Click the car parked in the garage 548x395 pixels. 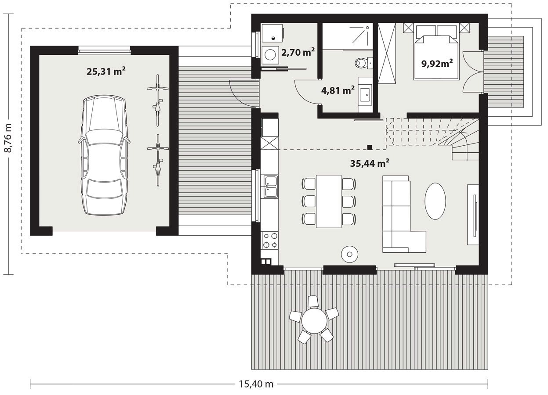click(x=104, y=155)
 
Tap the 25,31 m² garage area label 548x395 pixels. click(x=106, y=72)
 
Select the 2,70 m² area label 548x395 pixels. click(x=298, y=52)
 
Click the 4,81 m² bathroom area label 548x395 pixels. click(x=338, y=90)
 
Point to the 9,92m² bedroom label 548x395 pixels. click(x=437, y=64)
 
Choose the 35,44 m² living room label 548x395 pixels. click(x=370, y=163)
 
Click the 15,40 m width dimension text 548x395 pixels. click(x=256, y=384)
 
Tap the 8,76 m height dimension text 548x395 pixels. click(x=8, y=138)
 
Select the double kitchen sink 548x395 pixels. click(x=271, y=187)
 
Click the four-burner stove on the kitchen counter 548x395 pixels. click(x=270, y=240)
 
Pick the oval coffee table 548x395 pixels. click(x=435, y=201)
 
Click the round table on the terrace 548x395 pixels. click(x=314, y=320)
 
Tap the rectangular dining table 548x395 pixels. click(x=329, y=201)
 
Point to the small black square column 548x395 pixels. click(x=370, y=147)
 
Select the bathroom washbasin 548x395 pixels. click(x=366, y=93)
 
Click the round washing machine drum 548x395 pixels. click(x=270, y=55)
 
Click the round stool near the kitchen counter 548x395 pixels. click(x=350, y=254)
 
